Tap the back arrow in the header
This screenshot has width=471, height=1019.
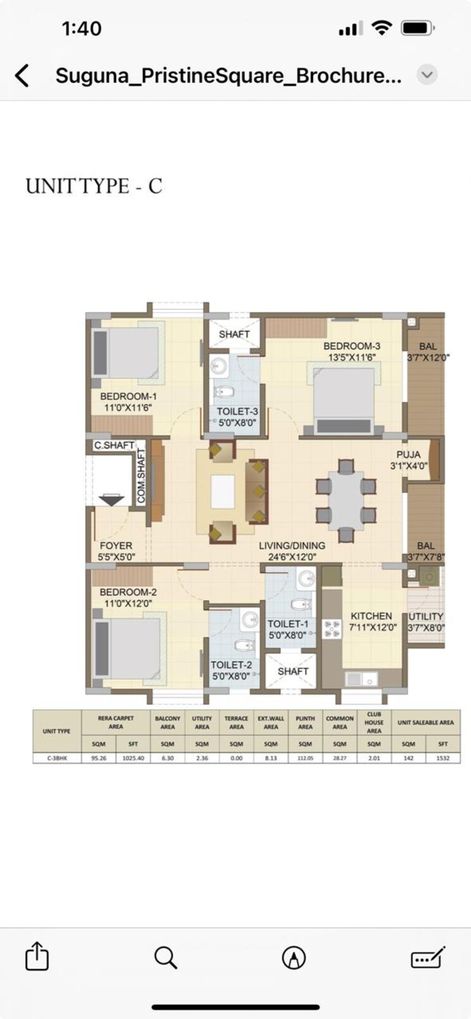click(x=22, y=75)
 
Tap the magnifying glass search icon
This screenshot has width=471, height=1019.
click(x=166, y=957)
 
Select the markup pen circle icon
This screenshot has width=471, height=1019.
click(x=294, y=957)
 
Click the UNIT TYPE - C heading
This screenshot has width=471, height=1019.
click(x=94, y=186)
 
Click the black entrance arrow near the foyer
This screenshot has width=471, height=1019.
click(x=111, y=500)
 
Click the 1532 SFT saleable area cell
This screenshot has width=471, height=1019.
click(x=443, y=758)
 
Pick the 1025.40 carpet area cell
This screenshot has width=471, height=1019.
click(x=133, y=758)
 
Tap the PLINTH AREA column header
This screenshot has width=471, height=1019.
click(x=305, y=722)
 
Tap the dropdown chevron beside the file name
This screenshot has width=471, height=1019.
click(x=427, y=75)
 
